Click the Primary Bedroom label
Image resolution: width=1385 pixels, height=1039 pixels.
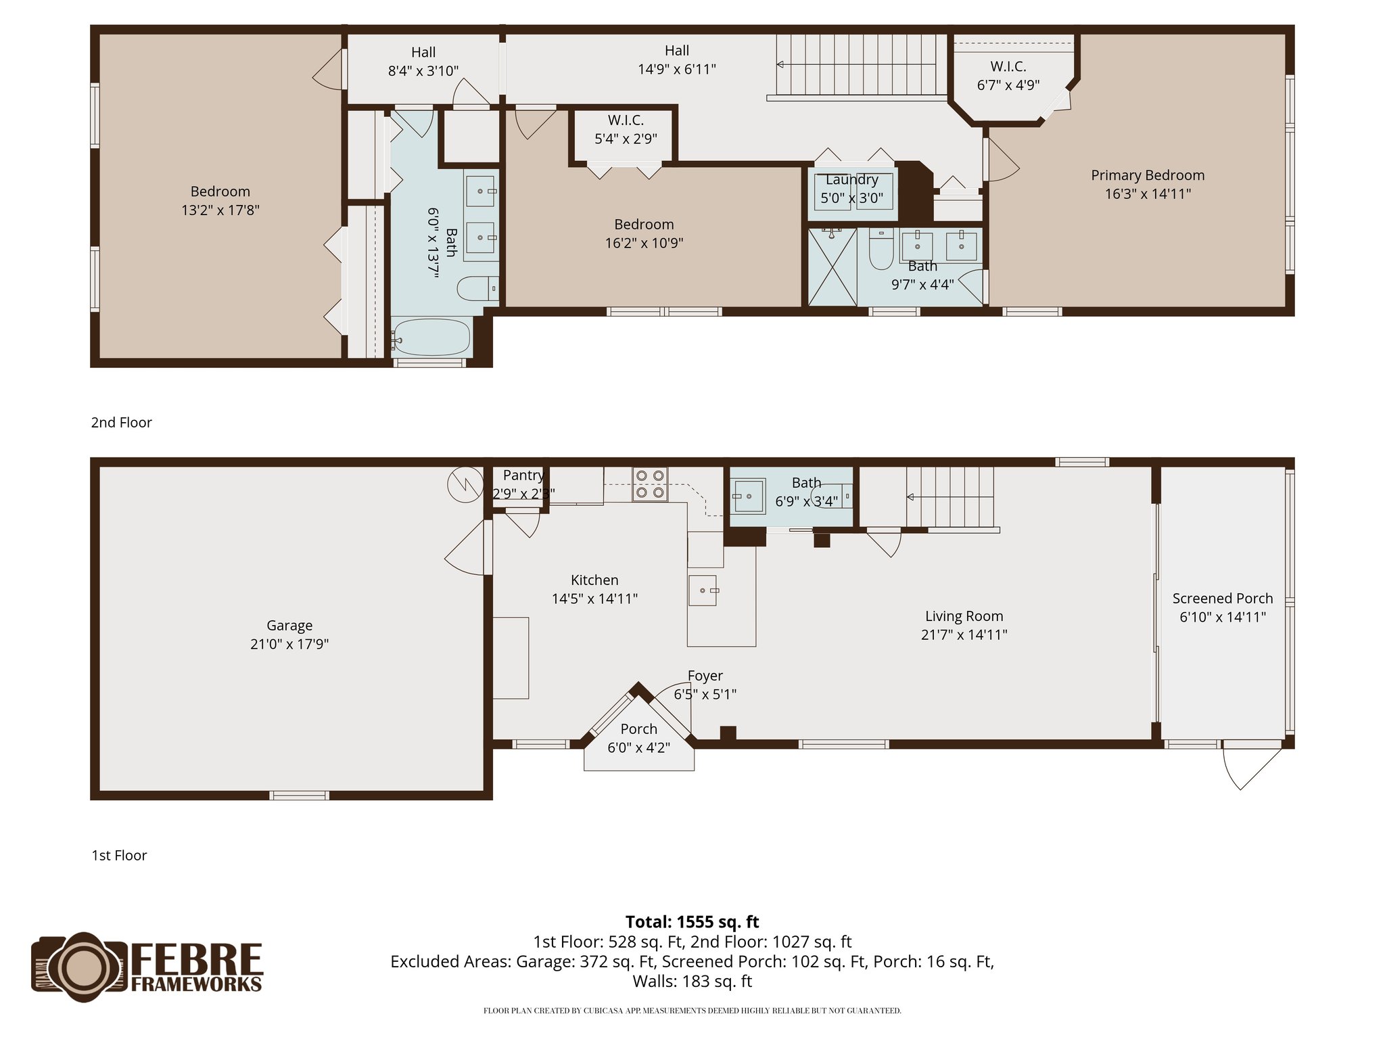(x=1148, y=175)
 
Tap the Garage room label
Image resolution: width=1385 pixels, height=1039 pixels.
(x=289, y=626)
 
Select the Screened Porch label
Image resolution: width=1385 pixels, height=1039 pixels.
(x=1222, y=599)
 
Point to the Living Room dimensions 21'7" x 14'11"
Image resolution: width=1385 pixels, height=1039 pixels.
(x=964, y=634)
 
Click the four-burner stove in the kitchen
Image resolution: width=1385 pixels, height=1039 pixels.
(x=650, y=484)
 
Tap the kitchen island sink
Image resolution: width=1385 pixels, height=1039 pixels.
(x=703, y=591)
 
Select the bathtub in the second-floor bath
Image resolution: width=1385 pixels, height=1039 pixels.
(x=431, y=337)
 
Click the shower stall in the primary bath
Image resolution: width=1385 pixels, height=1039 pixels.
(x=832, y=267)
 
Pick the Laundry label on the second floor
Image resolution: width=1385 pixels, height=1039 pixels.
(x=851, y=180)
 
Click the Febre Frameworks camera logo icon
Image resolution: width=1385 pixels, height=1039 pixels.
(x=80, y=967)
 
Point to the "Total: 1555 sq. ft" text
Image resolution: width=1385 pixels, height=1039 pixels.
(x=692, y=922)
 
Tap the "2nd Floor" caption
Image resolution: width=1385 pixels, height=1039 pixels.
(x=122, y=423)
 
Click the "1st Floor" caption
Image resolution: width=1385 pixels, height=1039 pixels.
(x=119, y=856)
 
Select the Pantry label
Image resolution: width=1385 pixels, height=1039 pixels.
(x=523, y=476)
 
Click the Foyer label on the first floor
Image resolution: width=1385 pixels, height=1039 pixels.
(x=705, y=676)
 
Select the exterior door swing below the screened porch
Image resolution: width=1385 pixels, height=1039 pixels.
(x=1251, y=768)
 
